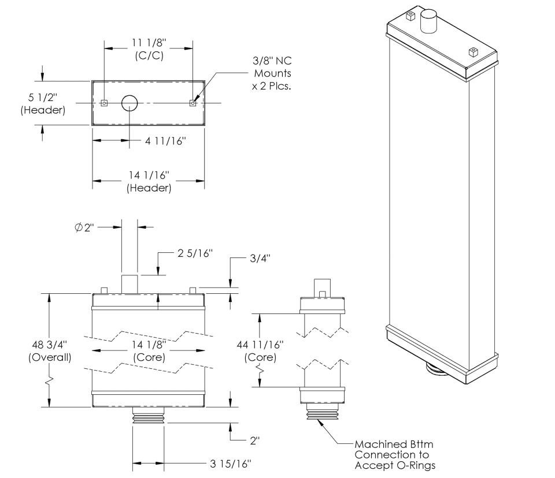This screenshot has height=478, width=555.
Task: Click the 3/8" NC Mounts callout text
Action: (272, 74)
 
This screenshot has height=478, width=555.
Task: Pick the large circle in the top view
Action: (129, 103)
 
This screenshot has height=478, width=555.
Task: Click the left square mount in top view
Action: (104, 103)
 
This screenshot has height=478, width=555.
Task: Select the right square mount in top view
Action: (193, 103)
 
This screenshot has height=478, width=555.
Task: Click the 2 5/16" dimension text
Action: (193, 253)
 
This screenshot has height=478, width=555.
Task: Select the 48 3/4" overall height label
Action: (50, 350)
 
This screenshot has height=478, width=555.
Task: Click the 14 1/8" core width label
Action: (149, 350)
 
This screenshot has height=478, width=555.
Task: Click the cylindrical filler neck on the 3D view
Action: (430, 22)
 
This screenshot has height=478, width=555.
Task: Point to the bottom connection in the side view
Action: (322, 413)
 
